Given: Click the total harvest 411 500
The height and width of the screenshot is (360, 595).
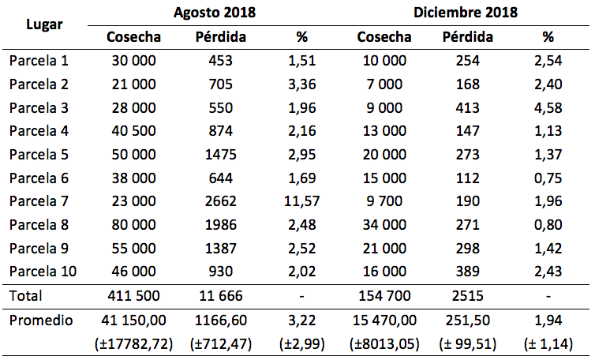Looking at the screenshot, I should click(134, 297).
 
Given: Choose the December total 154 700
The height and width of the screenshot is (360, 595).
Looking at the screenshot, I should click(383, 297).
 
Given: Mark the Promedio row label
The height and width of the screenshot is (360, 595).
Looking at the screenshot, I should click(40, 321).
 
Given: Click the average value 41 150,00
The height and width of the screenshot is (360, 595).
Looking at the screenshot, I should click(134, 321).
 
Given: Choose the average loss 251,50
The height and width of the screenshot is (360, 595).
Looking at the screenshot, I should click(468, 321).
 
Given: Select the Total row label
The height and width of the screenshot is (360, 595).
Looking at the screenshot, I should click(26, 297).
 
